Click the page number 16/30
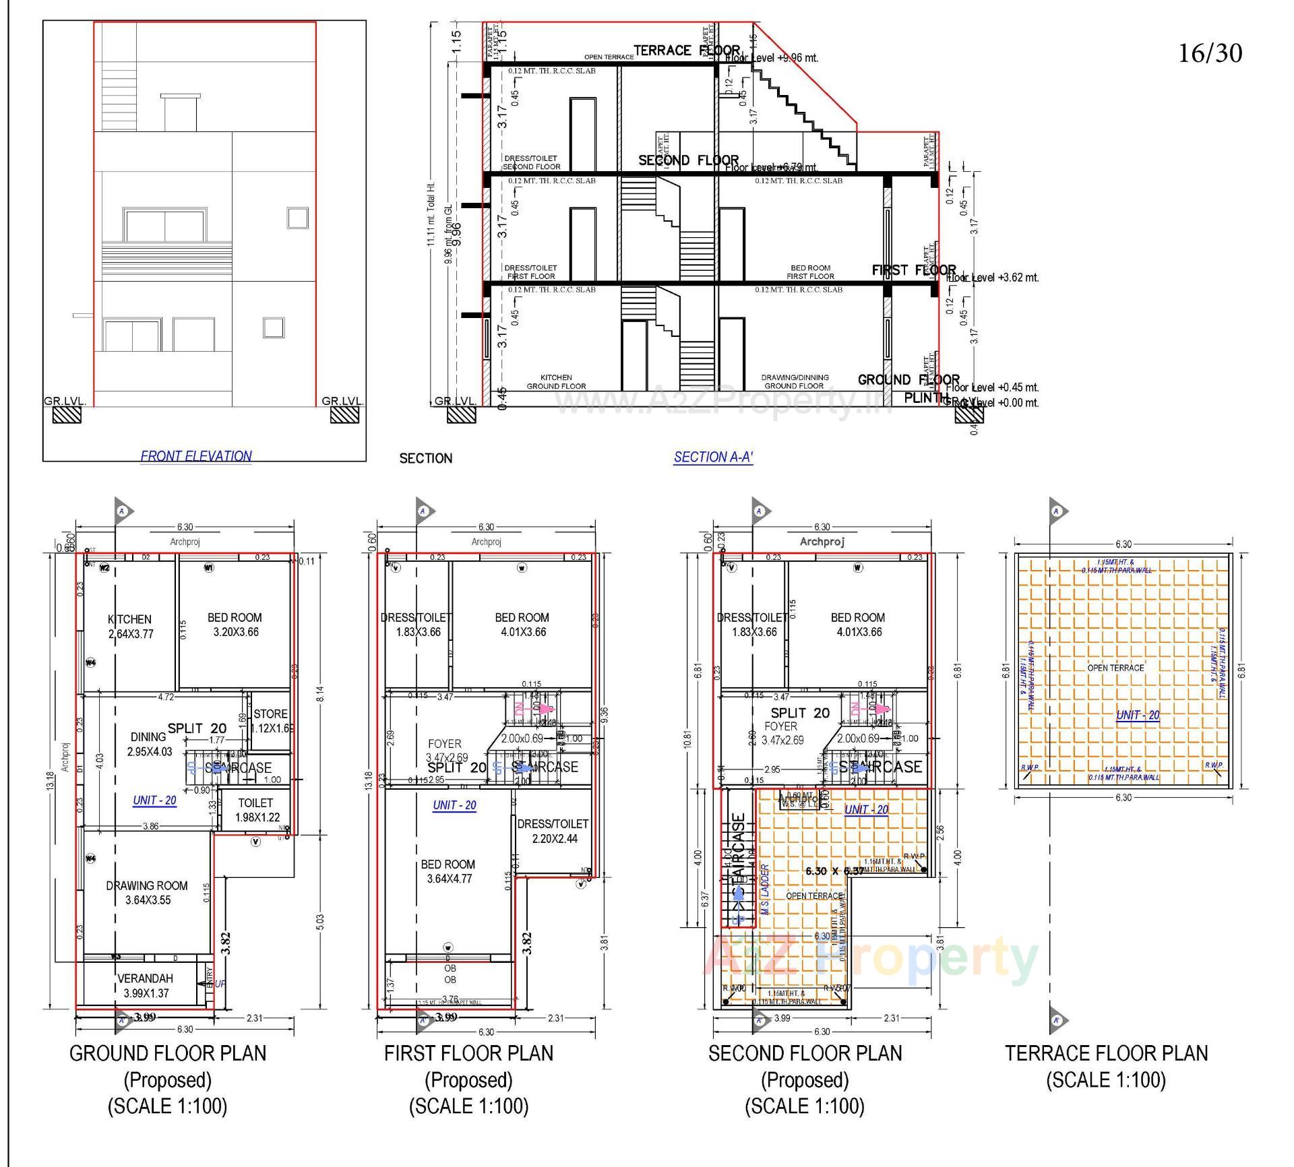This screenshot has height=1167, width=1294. coord(1209,53)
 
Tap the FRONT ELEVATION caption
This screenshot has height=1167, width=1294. coord(195,456)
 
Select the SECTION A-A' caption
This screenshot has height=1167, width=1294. coord(713,458)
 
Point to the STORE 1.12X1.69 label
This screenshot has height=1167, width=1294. coord(271,721)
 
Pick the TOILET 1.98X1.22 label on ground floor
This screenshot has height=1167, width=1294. coord(256,810)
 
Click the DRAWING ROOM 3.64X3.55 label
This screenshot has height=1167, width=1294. coord(147,893)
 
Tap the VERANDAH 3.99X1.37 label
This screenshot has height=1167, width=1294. coord(146,986)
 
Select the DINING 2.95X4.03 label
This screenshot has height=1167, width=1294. coord(149,744)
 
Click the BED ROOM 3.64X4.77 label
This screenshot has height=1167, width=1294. coord(449,871)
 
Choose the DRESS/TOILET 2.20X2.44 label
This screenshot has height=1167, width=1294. coord(553,831)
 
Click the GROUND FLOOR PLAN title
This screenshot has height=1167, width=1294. coord(168,1053)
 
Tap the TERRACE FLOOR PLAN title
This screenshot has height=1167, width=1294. coord(1106,1053)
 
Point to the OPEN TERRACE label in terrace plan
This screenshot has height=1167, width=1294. coord(1115,668)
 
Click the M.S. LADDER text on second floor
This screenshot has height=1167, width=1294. coord(766,889)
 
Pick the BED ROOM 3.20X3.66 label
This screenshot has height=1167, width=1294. coord(234,625)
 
